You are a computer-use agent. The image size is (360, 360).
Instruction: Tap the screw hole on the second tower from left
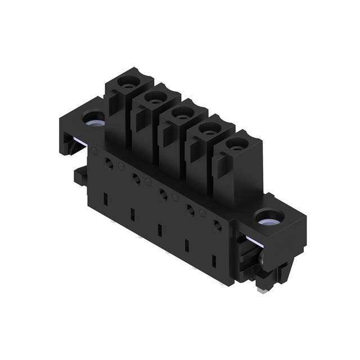coord(152,98)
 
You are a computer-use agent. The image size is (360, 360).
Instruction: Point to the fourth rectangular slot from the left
coord(187,246)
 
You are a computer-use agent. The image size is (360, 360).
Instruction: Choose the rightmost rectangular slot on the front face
coord(214,262)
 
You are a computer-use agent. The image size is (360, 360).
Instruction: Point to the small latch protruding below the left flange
coord(79,176)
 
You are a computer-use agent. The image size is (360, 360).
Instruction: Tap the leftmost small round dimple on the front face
coord(94,151)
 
